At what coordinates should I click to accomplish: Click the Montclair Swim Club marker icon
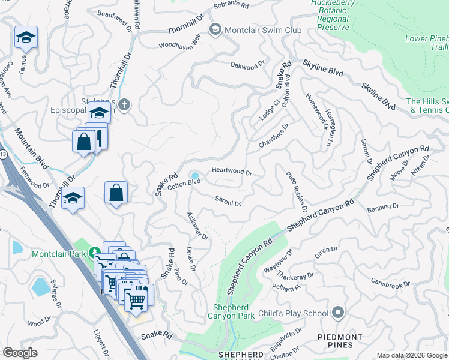coord(214,29)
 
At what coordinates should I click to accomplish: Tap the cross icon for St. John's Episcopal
coord(124,105)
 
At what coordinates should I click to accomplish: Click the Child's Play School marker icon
coord(337,313)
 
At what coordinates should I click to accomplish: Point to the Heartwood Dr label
coord(231,172)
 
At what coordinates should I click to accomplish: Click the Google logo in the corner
coord(20,352)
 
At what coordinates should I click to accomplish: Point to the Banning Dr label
coord(383,207)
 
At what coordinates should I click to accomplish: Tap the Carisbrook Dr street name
coord(390,283)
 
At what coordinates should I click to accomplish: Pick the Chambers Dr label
coord(274,136)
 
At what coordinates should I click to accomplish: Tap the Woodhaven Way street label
coord(179,44)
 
